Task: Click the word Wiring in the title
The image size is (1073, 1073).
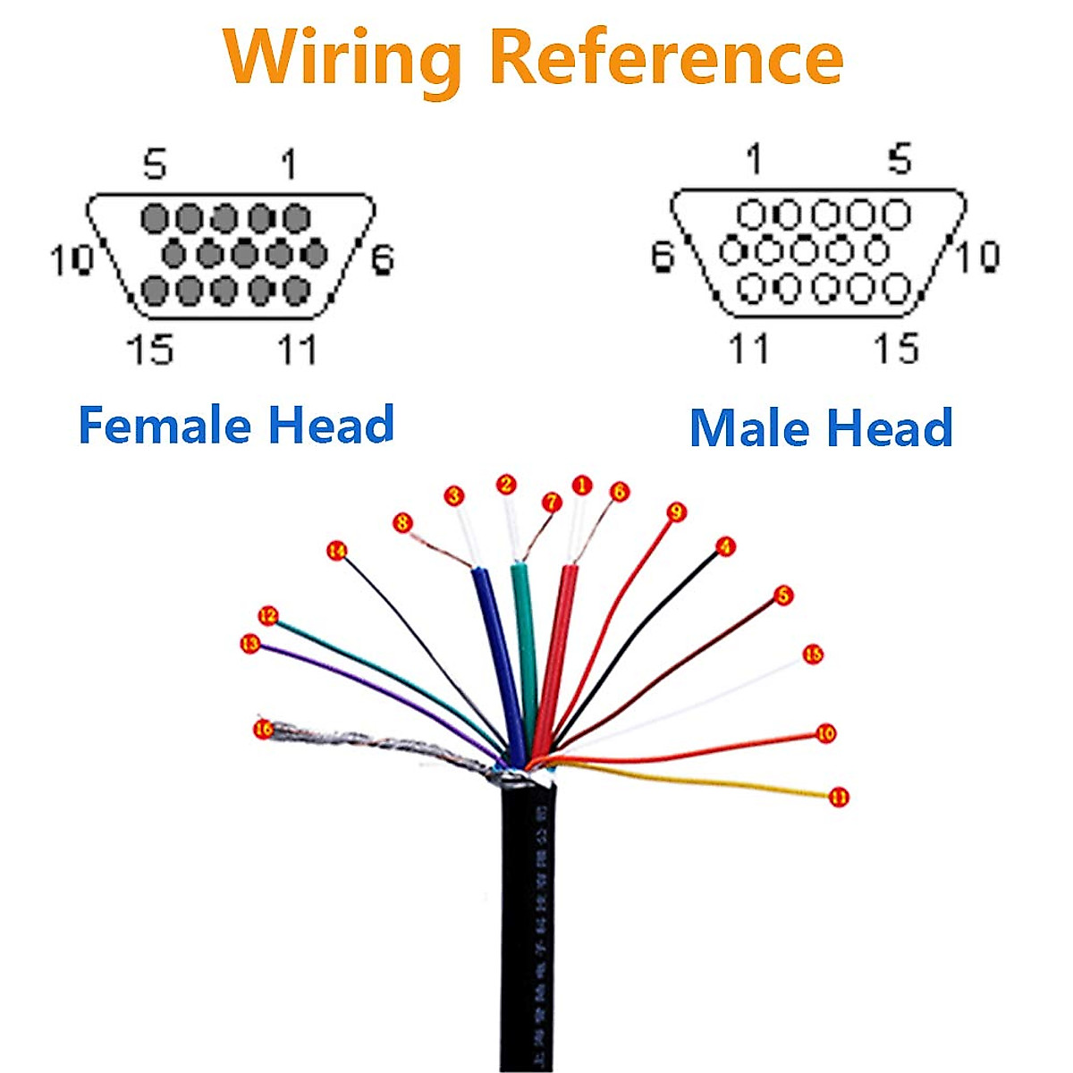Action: pos(342,59)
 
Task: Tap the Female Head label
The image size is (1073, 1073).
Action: pos(236,425)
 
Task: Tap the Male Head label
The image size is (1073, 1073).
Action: pos(821,427)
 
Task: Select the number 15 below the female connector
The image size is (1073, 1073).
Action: pos(149,349)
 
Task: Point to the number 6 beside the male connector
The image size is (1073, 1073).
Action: pos(662,257)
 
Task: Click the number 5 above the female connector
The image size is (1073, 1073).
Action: pos(156,165)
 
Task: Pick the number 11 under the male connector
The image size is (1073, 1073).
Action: pos(749,348)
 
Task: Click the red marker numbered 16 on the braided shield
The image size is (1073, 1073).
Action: pos(263,730)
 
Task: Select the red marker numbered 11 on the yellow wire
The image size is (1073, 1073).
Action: pos(839,797)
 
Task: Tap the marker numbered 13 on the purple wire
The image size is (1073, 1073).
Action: pos(250,644)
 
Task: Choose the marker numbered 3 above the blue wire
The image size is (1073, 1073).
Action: pos(455,495)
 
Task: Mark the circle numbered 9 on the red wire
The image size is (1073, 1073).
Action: pos(676,511)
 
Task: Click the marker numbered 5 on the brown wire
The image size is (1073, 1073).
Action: pos(783,595)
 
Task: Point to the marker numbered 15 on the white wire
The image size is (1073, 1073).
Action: pos(813,655)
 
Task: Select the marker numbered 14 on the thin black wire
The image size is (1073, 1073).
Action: pos(336,551)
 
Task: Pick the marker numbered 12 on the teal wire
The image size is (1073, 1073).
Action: pos(267,616)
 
